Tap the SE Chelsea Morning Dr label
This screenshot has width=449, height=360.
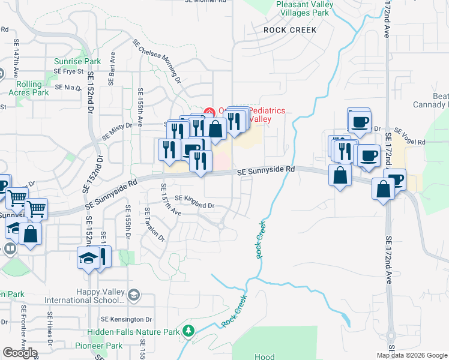[157, 61]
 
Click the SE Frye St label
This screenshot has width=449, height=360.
[68, 71]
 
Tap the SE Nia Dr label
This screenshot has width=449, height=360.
[67, 87]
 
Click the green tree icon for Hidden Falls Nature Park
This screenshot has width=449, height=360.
[188, 331]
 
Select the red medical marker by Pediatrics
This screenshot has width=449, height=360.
[209, 112]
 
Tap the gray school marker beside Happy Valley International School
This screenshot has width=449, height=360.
[134, 295]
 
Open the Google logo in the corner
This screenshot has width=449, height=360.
[20, 353]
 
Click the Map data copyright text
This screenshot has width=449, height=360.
[411, 355]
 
